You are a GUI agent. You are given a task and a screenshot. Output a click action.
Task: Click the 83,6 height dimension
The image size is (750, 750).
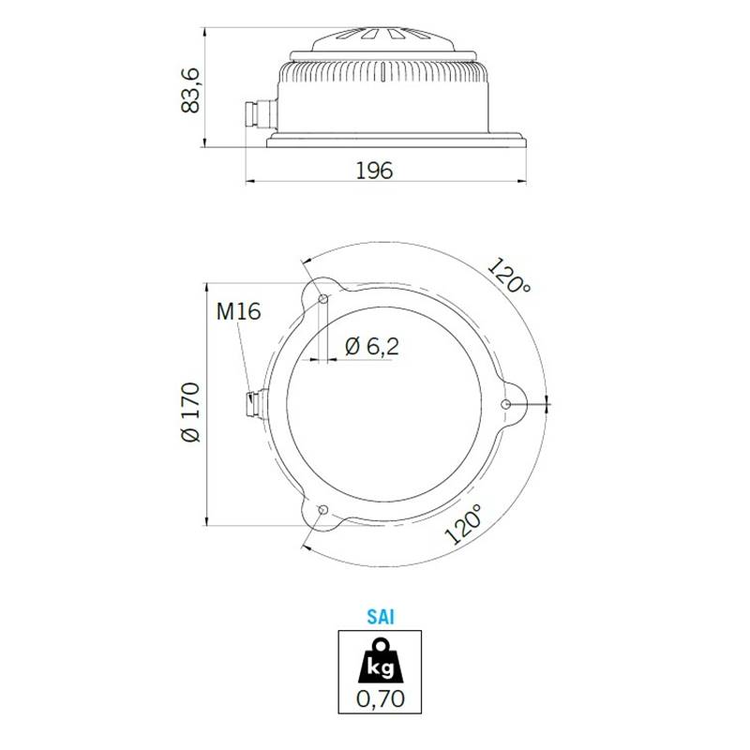click(x=190, y=90)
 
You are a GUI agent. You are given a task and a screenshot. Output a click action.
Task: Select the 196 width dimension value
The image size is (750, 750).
click(x=374, y=171)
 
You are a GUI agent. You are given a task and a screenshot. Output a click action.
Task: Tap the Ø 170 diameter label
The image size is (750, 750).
click(x=191, y=412)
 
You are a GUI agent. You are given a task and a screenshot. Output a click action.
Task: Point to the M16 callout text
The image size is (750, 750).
click(x=238, y=311)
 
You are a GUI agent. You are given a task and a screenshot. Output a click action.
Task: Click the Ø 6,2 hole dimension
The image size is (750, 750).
click(x=371, y=346)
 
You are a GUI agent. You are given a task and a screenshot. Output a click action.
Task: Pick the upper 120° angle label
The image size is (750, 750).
click(x=509, y=275)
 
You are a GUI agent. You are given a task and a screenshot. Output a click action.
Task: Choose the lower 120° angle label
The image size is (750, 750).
click(x=463, y=525)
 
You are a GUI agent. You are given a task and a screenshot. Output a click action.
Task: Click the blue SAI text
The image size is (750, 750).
click(x=381, y=617)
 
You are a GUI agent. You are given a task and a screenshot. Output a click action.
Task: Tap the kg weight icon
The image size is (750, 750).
click(x=381, y=662)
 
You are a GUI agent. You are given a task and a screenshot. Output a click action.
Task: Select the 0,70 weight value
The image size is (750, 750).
click(x=381, y=698)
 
